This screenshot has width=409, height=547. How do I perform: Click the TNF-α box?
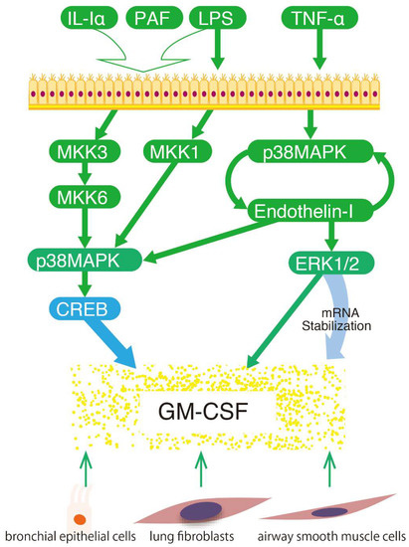317,18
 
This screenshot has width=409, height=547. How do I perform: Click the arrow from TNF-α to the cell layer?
317,50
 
